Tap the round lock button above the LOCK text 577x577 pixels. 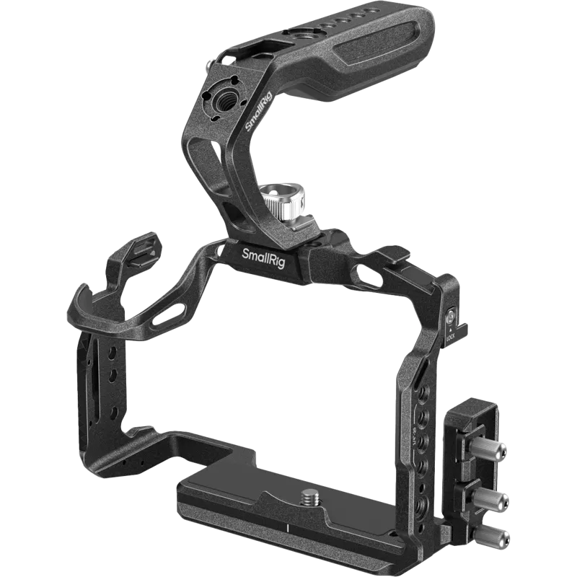point(451,316)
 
